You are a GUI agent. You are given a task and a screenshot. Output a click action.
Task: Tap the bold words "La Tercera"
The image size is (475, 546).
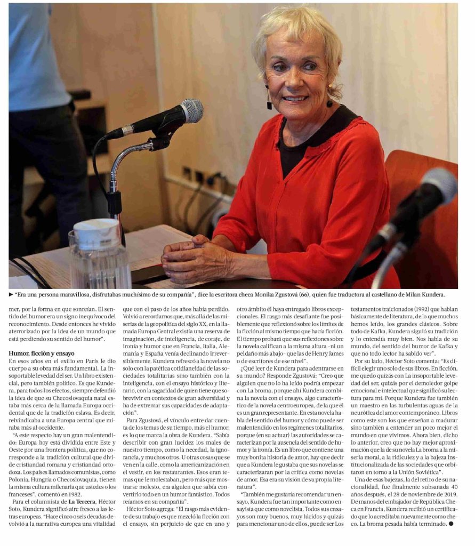click(x=82, y=501)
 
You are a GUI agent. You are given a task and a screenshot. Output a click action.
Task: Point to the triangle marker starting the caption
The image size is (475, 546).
click(x=11, y=294)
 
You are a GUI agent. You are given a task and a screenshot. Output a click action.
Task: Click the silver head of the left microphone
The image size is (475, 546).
click(x=191, y=110)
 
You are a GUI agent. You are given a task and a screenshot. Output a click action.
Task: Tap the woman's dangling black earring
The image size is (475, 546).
click(x=269, y=99)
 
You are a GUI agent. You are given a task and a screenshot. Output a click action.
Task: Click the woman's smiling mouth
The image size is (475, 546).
click(x=296, y=99)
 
